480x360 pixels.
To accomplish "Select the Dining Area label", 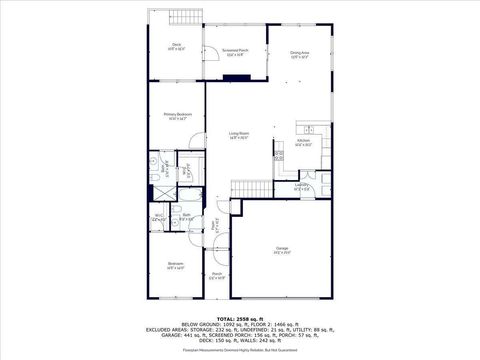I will pyautogui.click(x=299, y=54).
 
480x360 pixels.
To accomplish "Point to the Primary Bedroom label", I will pyautogui.click(x=177, y=116).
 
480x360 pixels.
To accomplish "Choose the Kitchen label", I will pyautogui.click(x=304, y=143).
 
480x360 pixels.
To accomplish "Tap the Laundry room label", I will pyautogui.click(x=301, y=186).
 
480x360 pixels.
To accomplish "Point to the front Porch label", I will pyautogui.click(x=216, y=275).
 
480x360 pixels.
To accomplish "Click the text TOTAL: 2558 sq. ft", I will pyautogui.click(x=240, y=318).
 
